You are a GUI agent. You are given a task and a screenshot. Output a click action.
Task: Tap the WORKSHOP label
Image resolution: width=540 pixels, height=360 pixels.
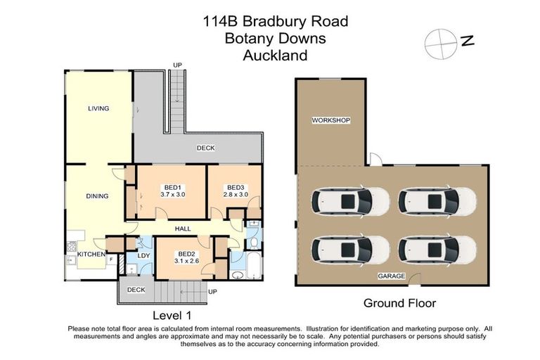pos(330,120)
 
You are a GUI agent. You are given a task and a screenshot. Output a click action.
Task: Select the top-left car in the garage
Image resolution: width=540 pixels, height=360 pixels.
pos(352,202)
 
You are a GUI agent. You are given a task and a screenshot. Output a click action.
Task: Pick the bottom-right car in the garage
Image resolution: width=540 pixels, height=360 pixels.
pos(435,248)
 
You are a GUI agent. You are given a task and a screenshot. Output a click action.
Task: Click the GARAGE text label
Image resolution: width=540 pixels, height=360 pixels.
pos(392,276)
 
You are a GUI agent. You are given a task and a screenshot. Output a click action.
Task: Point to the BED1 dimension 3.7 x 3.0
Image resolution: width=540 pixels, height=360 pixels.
pos(172,194)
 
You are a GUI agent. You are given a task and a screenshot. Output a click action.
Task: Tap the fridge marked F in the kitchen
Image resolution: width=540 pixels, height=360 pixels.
pos(111,259)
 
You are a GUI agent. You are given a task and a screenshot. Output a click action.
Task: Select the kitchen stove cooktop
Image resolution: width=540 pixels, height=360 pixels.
pos(70,247)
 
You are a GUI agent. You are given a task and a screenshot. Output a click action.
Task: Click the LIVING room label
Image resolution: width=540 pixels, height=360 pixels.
pos(98,108)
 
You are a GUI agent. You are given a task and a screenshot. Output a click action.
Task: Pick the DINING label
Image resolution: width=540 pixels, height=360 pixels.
pos(97,195)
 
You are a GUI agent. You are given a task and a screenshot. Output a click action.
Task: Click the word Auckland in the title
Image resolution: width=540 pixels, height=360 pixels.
pos(275,56)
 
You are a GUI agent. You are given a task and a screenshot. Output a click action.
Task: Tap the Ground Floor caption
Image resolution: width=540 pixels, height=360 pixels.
pos(399,303)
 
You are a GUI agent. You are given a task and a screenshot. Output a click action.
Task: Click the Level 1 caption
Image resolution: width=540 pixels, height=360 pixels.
pos(172,314)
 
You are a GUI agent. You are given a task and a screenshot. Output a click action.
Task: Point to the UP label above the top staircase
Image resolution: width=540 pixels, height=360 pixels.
pos(177,65)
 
